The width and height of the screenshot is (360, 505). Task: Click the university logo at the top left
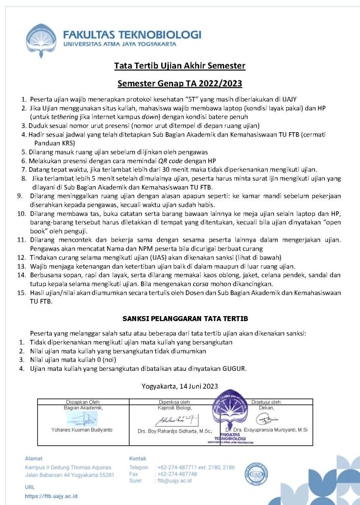click(42, 37)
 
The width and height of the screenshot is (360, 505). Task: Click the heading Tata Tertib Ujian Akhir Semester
click(180, 66)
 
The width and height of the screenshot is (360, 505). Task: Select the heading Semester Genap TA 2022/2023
click(180, 83)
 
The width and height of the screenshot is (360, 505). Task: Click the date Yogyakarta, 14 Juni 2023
click(180, 386)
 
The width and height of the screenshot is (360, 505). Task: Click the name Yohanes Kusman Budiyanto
click(82, 430)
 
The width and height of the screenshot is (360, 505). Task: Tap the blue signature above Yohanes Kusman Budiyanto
click(82, 419)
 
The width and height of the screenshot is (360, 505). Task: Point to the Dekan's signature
click(266, 419)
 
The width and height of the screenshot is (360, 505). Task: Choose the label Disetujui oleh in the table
click(266, 402)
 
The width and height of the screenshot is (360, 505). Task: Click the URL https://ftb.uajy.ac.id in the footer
click(51, 496)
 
